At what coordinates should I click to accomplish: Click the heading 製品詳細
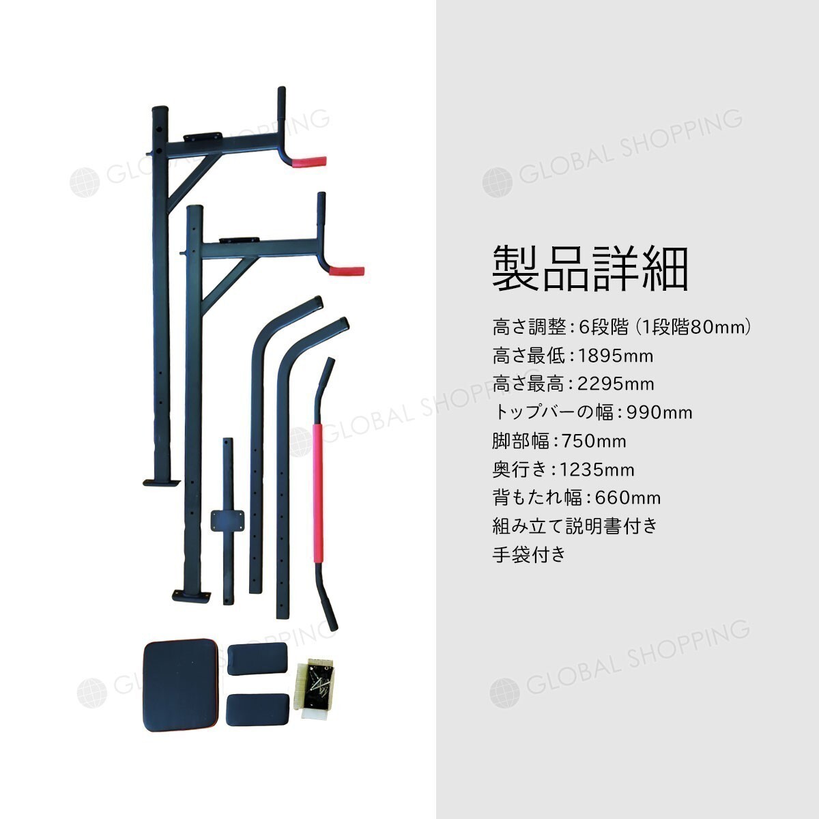pyautogui.click(x=590, y=270)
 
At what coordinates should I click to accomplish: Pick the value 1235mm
pyautogui.click(x=597, y=470)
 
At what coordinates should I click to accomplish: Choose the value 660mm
pyautogui.click(x=628, y=498)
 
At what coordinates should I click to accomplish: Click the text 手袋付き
pyautogui.click(x=529, y=555)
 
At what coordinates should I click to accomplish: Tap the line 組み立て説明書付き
pyautogui.click(x=575, y=526)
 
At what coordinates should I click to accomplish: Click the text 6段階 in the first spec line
pyautogui.click(x=604, y=328)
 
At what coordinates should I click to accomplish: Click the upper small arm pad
pyautogui.click(x=257, y=659)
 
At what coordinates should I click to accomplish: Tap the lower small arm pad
pyautogui.click(x=257, y=709)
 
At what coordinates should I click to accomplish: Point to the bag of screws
pyautogui.click(x=317, y=688)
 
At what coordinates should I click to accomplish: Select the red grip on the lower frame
pyautogui.click(x=347, y=271)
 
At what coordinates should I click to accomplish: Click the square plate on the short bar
pyautogui.click(x=228, y=521)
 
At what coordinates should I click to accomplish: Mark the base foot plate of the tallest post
pyautogui.click(x=162, y=483)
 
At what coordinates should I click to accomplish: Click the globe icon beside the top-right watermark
pyautogui.click(x=498, y=182)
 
